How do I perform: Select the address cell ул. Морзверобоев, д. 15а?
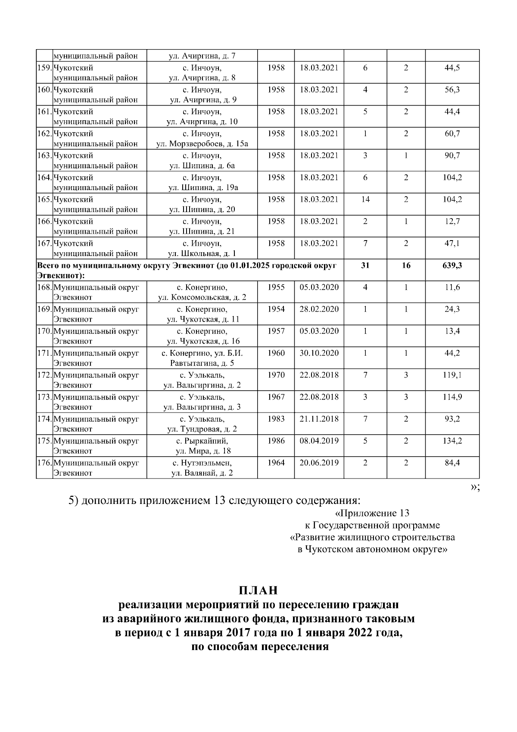coord(202,144)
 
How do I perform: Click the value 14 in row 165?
coord(365,200)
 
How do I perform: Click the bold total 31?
coord(365,266)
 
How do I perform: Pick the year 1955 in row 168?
coord(276,288)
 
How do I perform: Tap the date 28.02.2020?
coord(319,310)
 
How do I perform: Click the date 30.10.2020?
coord(319,353)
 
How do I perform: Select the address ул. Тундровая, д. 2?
coord(202,429)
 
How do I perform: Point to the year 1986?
coord(276,441)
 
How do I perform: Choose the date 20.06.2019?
coord(319,463)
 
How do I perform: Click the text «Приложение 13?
coord(372,513)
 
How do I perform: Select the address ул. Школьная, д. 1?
coord(202,253)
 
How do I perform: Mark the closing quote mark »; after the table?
coord(475,487)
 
